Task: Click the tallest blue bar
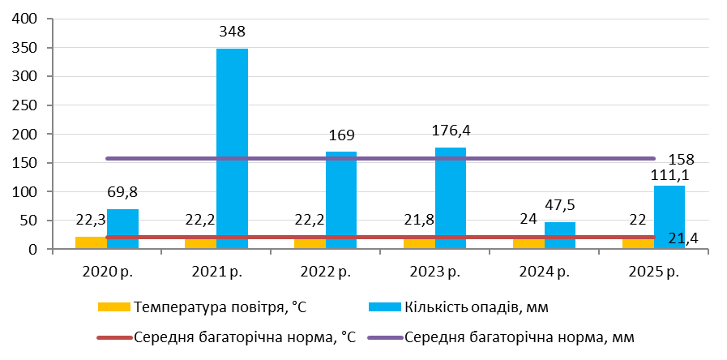click(232, 146)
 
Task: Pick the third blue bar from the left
click(341, 199)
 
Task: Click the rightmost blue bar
click(669, 212)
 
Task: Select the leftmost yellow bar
click(91, 242)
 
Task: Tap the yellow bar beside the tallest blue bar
click(200, 243)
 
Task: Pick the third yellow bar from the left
click(310, 243)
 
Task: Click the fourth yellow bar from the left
click(419, 243)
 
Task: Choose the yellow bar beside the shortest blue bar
click(528, 243)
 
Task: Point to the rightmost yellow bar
click(638, 243)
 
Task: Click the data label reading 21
click(677, 238)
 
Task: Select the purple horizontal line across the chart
click(381, 158)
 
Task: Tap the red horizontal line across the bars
click(381, 237)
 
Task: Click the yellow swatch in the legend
click(114, 306)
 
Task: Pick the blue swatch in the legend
click(385, 306)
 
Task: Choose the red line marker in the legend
click(114, 337)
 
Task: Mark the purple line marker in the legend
click(385, 337)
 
